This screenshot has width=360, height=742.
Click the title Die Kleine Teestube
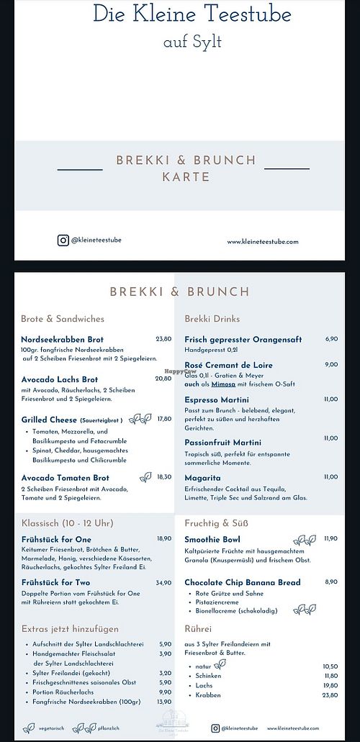click(192, 14)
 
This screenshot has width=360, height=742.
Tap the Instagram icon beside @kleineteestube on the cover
click(63, 240)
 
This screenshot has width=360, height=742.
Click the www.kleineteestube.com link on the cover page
click(263, 242)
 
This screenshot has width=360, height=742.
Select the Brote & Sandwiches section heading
click(63, 319)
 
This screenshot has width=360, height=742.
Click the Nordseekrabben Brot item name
click(63, 339)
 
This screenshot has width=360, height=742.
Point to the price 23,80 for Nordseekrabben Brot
click(163, 339)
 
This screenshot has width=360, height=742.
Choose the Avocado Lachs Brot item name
click(60, 379)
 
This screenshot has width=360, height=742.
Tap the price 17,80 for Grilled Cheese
click(164, 419)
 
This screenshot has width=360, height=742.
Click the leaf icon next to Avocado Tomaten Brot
click(146, 476)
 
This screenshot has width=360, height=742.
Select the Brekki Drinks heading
click(212, 319)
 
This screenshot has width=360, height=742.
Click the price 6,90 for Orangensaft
click(331, 339)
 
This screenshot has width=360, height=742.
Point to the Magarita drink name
click(203, 477)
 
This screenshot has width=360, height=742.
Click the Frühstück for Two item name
click(56, 582)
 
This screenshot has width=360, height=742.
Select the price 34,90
click(163, 582)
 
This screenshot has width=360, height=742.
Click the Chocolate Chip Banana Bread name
click(242, 582)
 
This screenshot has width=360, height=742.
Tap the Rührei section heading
click(198, 628)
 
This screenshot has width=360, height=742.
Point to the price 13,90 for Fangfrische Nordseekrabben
click(165, 701)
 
